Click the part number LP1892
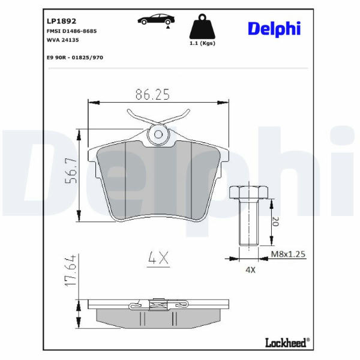tap(61, 21)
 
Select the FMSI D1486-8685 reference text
tap(71, 31)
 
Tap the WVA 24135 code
tap(62, 40)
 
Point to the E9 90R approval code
tap(75, 58)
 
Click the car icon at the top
tap(156, 19)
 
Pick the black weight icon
tap(202, 26)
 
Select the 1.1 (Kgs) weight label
tap(202, 43)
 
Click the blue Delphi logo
tap(274, 29)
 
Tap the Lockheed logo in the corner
tap(287, 343)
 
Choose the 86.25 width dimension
tap(152, 94)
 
